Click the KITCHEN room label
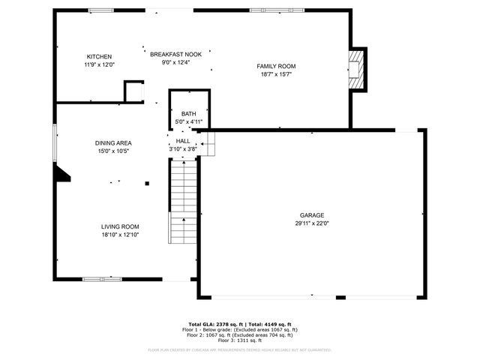pyautogui.click(x=99, y=57)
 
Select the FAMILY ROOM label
pyautogui.click(x=276, y=66)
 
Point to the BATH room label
pyautogui.click(x=188, y=114)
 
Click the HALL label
pyautogui.click(x=183, y=140)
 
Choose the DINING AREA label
pyautogui.click(x=113, y=143)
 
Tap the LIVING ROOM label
pyautogui.click(x=120, y=226)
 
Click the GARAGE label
pyautogui.click(x=312, y=215)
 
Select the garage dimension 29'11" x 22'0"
pyautogui.click(x=312, y=223)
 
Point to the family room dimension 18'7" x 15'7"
pyautogui.click(x=276, y=74)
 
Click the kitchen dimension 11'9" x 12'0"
pyautogui.click(x=99, y=65)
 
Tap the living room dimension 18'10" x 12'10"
pyautogui.click(x=120, y=235)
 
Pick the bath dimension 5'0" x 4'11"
pyautogui.click(x=188, y=121)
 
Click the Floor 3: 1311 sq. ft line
pyautogui.click(x=240, y=340)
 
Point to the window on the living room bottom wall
pyautogui.click(x=101, y=279)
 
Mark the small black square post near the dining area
pyautogui.click(x=147, y=183)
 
